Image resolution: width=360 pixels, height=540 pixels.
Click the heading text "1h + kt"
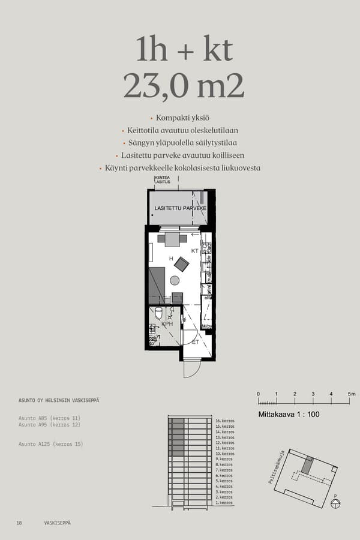click(x=184, y=50)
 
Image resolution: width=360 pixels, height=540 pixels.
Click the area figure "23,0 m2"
click(x=184, y=86)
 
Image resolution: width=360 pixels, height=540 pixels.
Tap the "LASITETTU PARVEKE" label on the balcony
click(x=181, y=208)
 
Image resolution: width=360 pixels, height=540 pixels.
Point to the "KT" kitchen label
click(x=194, y=251)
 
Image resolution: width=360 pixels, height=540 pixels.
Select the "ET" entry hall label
click(x=195, y=342)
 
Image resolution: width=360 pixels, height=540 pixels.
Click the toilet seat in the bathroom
click(x=159, y=313)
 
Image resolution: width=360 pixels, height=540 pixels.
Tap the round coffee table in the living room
click(x=175, y=280)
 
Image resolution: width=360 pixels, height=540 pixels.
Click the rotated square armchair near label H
click(x=181, y=263)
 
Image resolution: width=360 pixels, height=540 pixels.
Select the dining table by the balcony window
click(x=172, y=239)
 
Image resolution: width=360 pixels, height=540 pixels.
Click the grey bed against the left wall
click(x=157, y=286)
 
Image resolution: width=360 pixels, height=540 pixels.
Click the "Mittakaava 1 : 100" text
click(x=288, y=414)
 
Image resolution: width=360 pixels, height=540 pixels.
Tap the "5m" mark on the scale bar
click(x=352, y=394)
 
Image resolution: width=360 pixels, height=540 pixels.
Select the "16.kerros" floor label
click(x=224, y=421)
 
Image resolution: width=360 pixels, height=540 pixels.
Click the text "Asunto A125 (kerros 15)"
click(x=51, y=444)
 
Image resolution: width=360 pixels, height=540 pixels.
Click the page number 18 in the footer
click(x=19, y=523)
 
